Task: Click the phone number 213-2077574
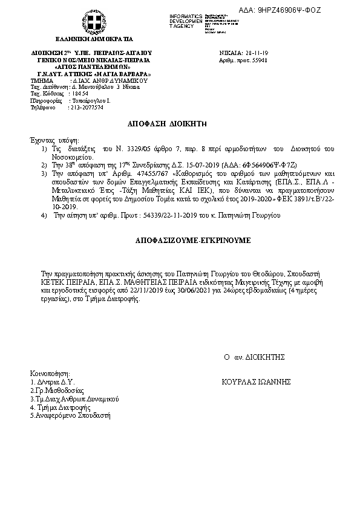[x=87, y=107]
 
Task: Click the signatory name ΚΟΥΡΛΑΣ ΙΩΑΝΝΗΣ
[x=257, y=382]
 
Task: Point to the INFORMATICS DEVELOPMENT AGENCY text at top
[x=185, y=21]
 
